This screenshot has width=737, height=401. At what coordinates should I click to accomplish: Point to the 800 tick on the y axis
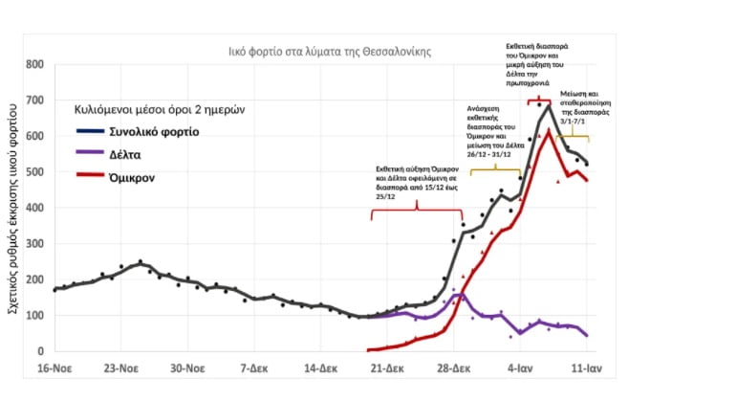pyautogui.click(x=35, y=66)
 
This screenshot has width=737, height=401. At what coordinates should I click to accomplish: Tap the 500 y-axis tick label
pyautogui.click(x=35, y=173)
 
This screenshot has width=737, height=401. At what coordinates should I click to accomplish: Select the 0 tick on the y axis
pyautogui.click(x=40, y=352)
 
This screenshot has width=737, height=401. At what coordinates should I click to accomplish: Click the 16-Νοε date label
pyautogui.click(x=57, y=367)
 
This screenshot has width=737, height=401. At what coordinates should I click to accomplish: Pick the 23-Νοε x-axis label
pyautogui.click(x=122, y=367)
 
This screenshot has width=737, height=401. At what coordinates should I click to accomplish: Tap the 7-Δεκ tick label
pyautogui.click(x=256, y=367)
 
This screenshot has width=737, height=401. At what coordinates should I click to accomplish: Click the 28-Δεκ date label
pyautogui.click(x=455, y=367)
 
